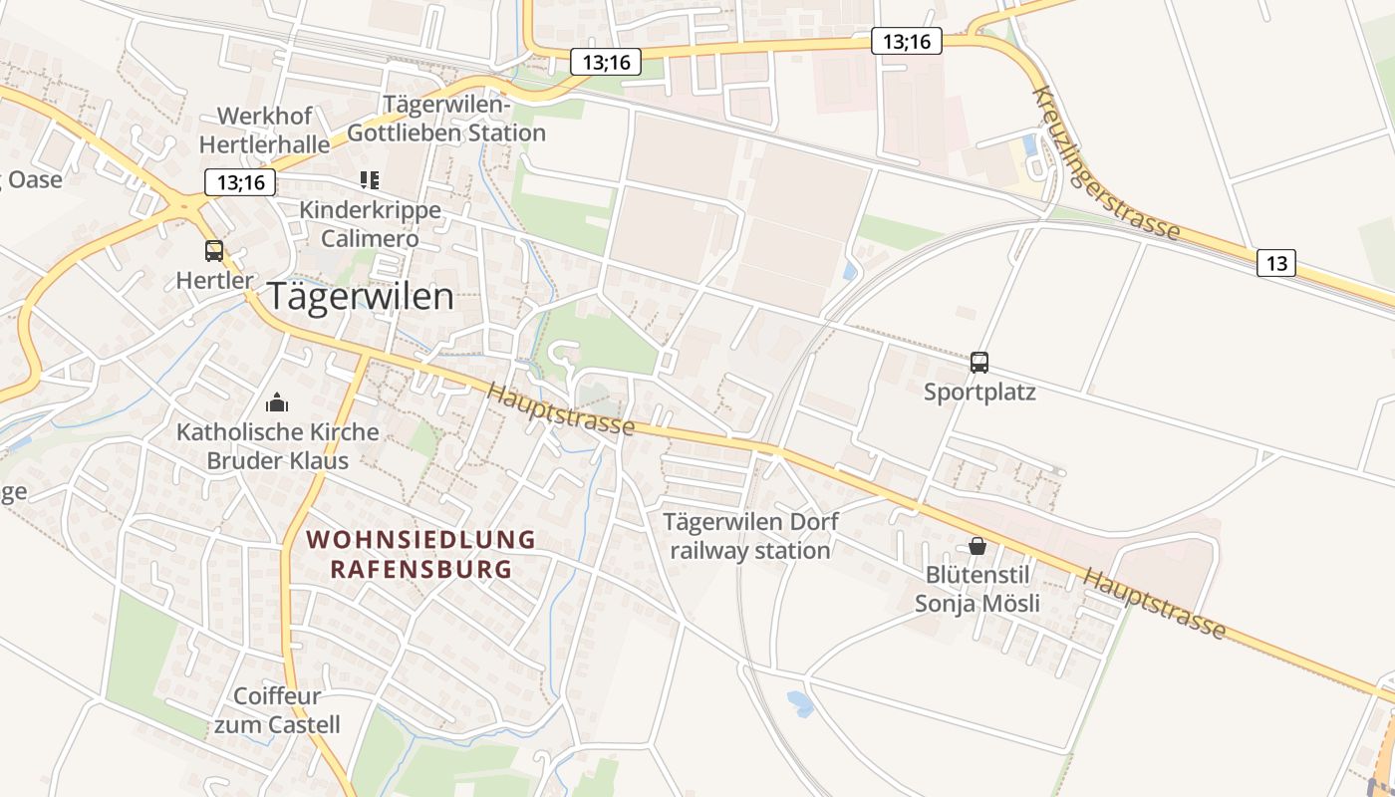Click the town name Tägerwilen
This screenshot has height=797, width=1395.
(x=360, y=297)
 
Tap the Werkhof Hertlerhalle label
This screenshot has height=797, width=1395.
(x=264, y=131)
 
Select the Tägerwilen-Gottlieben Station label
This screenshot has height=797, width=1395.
(x=446, y=120)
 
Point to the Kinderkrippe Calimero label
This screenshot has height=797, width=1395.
(x=370, y=225)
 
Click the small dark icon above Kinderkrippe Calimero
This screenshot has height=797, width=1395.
(x=370, y=180)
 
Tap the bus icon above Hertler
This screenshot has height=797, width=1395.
(x=214, y=250)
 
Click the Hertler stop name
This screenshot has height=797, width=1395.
(x=214, y=281)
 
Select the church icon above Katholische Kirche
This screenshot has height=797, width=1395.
(x=277, y=402)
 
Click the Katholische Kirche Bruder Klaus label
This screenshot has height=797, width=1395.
(x=278, y=446)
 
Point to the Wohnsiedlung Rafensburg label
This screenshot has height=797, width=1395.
(x=420, y=555)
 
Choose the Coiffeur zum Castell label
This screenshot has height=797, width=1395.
(x=277, y=710)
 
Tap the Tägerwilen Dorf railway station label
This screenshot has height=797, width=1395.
(x=750, y=536)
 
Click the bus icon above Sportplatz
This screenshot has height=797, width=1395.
(x=979, y=362)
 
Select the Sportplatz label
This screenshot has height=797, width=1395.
(x=979, y=392)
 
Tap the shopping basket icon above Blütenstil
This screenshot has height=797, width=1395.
(x=977, y=546)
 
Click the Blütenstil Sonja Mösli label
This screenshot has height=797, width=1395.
(x=977, y=589)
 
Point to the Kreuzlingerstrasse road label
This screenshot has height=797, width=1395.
(x=1106, y=165)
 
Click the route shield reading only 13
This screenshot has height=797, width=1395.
(x=1276, y=263)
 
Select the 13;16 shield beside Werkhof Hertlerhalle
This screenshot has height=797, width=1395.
(x=240, y=182)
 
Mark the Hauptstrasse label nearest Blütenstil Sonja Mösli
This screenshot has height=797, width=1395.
(x=1154, y=603)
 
